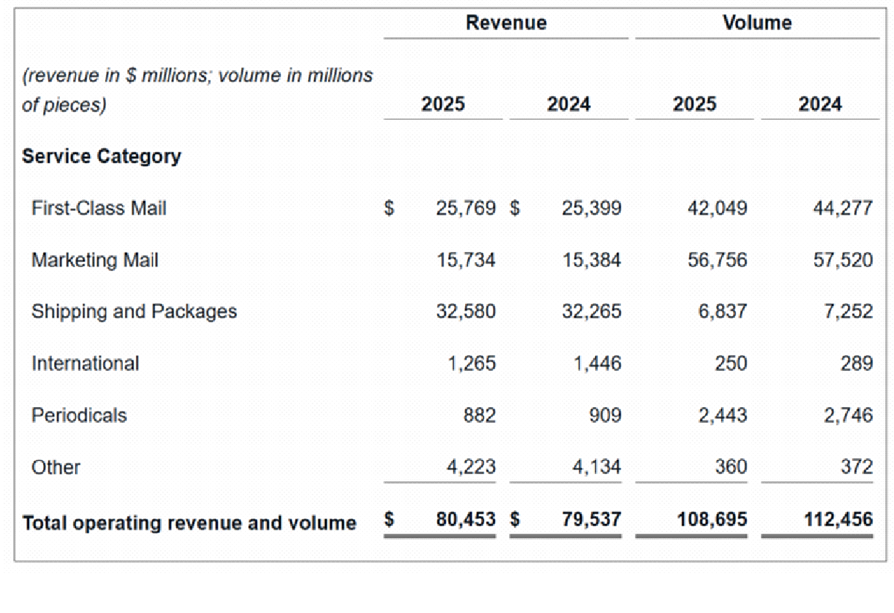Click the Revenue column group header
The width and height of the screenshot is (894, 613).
coord(506,23)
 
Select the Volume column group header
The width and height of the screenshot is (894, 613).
coord(757,23)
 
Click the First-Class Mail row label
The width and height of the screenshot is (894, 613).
coord(99,208)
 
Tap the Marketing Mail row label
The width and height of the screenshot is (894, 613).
coord(95,260)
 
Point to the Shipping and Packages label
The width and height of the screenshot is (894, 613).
coord(134,312)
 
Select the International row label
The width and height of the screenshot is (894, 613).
coord(85,364)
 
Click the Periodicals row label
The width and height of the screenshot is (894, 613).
coord(79,415)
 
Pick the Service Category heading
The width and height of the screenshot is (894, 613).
coord(101,156)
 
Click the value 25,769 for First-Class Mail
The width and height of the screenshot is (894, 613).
coord(466,208)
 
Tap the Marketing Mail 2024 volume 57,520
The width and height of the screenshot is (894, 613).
coord(843,260)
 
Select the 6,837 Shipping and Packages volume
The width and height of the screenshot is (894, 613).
coord(722,312)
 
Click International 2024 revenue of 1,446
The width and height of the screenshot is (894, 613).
coord(597,364)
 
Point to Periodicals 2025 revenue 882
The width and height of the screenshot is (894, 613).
coord(479,415)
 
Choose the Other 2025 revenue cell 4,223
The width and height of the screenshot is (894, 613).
coord(472,467)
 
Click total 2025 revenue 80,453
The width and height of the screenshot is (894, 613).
coord(466,520)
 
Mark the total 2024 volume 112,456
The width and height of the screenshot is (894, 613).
coord(838,520)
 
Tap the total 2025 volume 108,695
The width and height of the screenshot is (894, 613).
coord(713,520)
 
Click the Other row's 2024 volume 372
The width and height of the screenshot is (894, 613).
coord(857,467)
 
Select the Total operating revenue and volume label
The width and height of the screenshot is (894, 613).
coord(190,523)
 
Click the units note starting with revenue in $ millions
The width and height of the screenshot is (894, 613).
coord(197,90)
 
